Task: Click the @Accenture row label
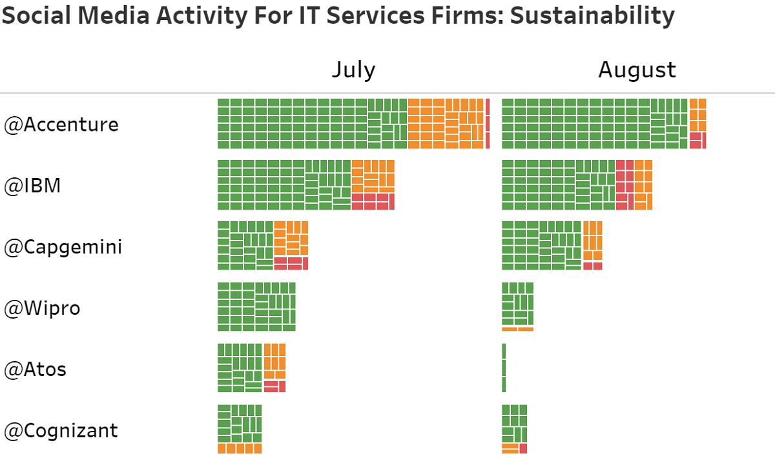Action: (61, 124)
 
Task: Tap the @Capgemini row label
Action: (63, 247)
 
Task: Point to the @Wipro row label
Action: (43, 308)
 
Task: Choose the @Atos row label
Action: (36, 370)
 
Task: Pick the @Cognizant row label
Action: (61, 430)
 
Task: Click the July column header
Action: (353, 70)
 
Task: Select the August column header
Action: (637, 70)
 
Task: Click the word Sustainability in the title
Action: (592, 15)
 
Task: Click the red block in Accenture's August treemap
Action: (697, 141)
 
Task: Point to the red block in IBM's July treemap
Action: (373, 201)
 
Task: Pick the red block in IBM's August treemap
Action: (625, 184)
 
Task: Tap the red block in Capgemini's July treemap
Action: (291, 263)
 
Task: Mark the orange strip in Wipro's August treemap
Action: (517, 329)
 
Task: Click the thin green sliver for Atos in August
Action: (504, 368)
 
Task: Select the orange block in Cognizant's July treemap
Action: (240, 448)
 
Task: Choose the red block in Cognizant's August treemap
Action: (523, 448)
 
